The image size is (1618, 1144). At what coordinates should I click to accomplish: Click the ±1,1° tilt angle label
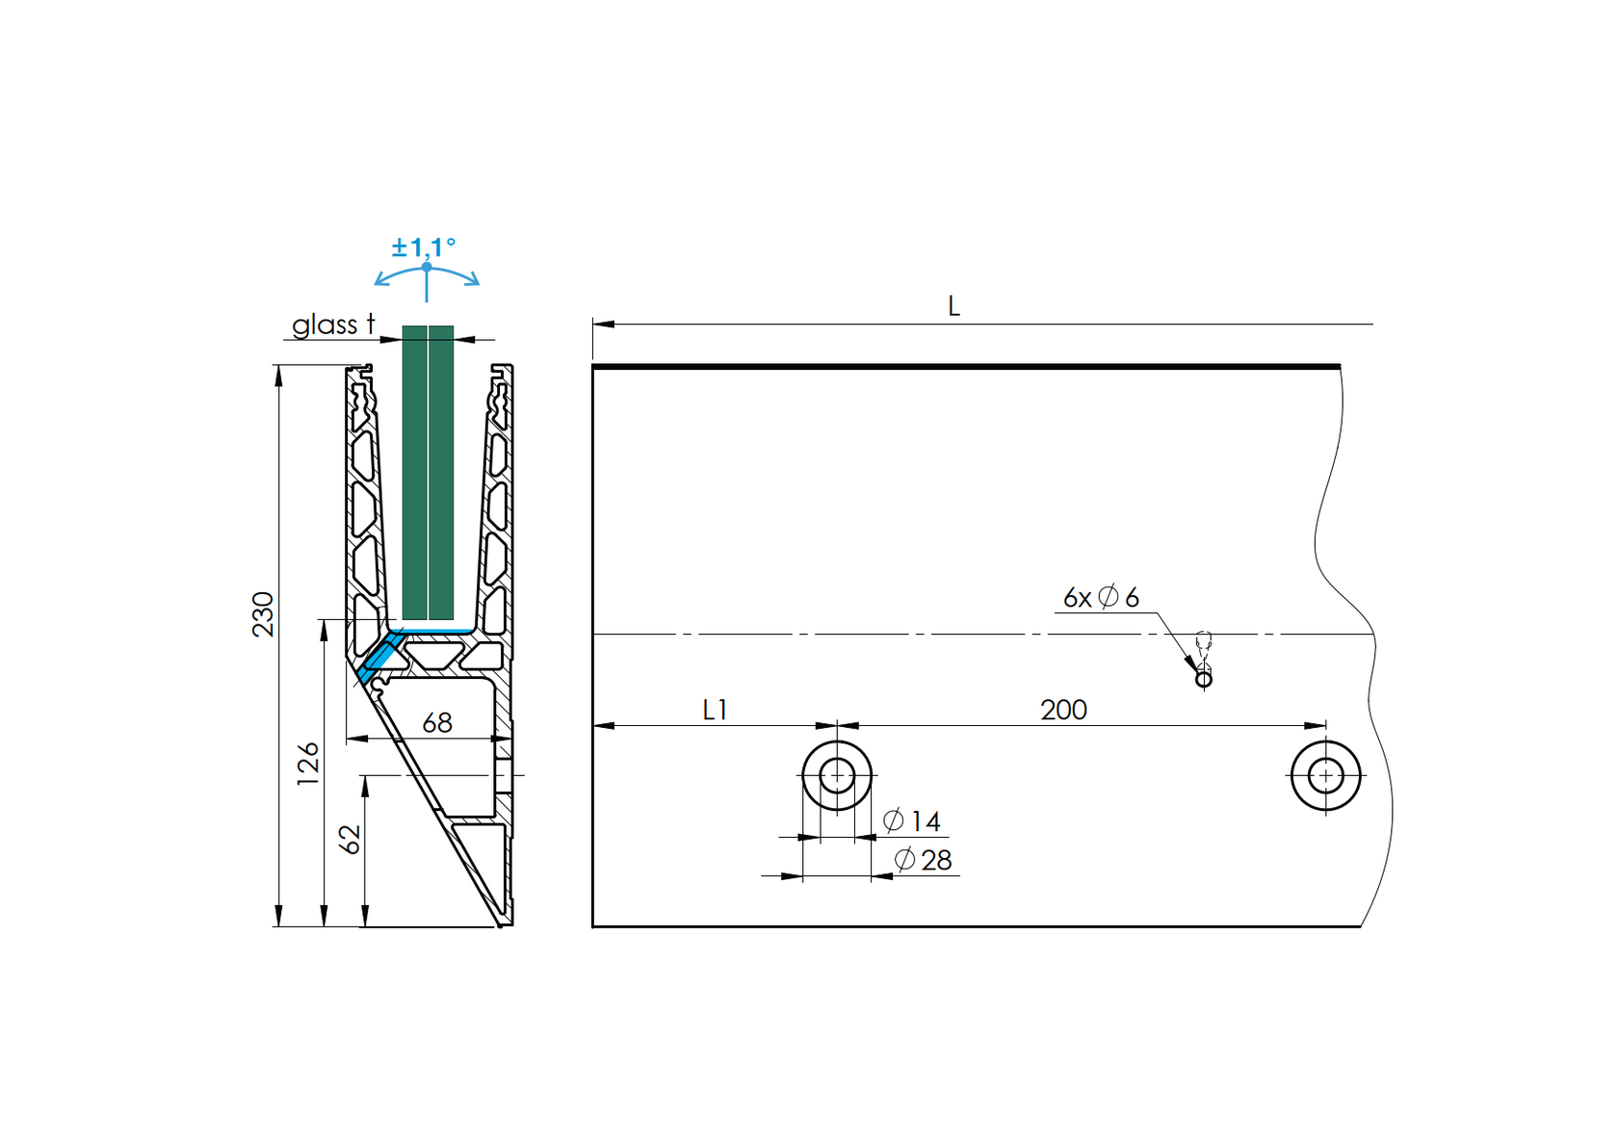423,248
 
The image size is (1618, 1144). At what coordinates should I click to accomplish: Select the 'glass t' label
333,325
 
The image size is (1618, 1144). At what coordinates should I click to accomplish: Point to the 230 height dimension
263,614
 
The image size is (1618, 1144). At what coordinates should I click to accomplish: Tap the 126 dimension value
308,764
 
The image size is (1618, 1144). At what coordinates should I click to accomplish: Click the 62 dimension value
352,839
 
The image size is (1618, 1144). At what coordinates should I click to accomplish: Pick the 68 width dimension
437,723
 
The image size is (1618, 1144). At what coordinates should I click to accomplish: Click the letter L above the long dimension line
953,307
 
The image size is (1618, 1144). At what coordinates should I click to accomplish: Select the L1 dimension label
715,711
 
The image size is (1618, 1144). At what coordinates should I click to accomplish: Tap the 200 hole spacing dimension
1063,711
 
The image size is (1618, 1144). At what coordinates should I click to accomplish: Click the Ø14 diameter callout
912,821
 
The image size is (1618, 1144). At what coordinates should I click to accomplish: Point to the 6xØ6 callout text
1101,598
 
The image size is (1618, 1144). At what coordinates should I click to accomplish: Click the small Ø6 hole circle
1203,680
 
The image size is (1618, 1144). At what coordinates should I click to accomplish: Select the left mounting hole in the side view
837,775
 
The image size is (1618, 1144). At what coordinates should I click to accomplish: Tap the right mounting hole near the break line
1325,775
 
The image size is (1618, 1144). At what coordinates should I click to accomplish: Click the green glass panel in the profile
428,472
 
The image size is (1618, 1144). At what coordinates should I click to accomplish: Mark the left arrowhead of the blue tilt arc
379,282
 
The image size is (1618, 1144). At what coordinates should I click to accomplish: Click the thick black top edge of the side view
963,367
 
